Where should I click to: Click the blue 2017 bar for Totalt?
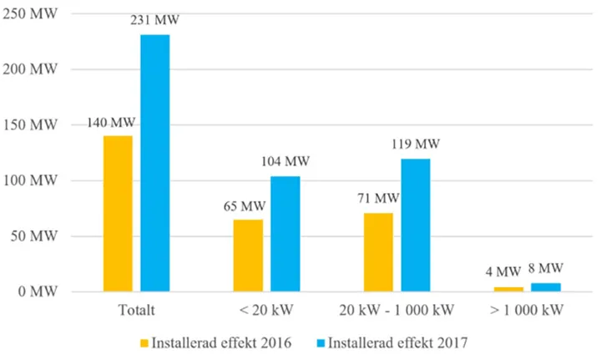(x=155, y=163)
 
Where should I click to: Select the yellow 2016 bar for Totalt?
(x=118, y=214)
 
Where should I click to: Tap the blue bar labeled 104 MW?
(x=285, y=234)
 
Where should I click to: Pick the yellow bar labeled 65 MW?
(x=248, y=256)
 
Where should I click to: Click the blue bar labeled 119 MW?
(x=416, y=226)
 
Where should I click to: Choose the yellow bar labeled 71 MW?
(x=378, y=252)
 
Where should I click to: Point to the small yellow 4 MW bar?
(x=508, y=289)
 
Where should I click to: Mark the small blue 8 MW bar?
(x=546, y=287)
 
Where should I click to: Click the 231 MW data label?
(x=154, y=20)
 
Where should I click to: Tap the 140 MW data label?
(x=111, y=123)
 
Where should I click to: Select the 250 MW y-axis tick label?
(x=30, y=14)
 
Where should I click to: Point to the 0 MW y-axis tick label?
(x=38, y=292)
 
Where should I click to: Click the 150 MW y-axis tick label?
(x=30, y=125)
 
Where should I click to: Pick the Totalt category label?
(x=136, y=310)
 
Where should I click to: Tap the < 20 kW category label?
(x=266, y=310)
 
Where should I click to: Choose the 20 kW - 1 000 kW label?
(x=396, y=310)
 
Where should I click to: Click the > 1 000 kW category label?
(x=527, y=310)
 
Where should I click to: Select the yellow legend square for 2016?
(x=144, y=343)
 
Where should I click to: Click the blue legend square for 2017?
(x=321, y=343)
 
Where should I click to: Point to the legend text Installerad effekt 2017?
(x=398, y=342)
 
